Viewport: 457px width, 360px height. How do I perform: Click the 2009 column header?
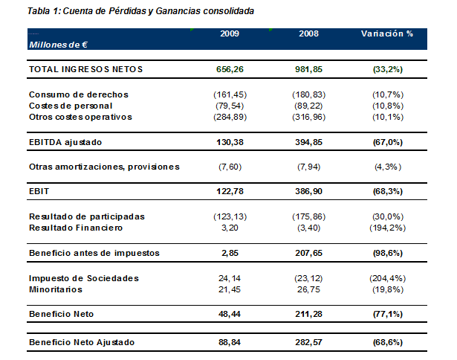[230, 34]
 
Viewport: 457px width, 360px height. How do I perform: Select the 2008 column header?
[308, 34]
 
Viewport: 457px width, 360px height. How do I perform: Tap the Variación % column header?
[387, 34]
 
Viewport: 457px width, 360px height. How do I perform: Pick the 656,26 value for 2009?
[230, 69]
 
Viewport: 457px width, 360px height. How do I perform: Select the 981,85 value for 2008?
[308, 69]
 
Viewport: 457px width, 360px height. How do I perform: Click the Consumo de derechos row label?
[78, 94]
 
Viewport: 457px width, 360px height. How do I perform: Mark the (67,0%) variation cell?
[387, 142]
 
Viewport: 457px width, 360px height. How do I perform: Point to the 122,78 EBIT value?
[230, 191]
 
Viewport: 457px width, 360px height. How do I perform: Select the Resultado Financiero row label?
[75, 227]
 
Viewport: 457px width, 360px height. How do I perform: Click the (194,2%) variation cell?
[387, 227]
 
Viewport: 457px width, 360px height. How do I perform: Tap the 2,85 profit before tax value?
[230, 253]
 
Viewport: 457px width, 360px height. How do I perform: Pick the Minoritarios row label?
[55, 289]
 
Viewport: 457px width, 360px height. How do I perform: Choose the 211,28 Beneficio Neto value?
[308, 315]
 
